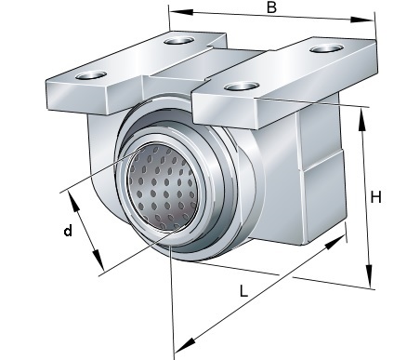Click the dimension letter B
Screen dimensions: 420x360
(x=271, y=7)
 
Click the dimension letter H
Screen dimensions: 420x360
(x=375, y=197)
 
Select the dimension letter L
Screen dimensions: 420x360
(x=243, y=291)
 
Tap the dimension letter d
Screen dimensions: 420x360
(x=68, y=231)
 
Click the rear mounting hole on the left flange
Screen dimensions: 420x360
(x=179, y=41)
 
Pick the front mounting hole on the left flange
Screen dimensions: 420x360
(x=91, y=75)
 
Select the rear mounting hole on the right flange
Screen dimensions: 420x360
(x=326, y=48)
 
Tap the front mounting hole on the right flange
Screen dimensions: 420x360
(x=242, y=87)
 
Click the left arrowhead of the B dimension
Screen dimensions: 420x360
(x=181, y=12)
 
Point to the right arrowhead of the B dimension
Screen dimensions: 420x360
(x=361, y=20)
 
